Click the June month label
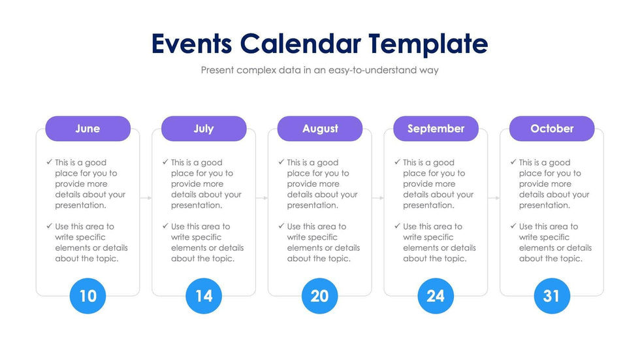[88, 129]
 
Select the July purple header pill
[204, 129]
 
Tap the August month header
[320, 129]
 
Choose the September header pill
[436, 129]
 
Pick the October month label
[552, 129]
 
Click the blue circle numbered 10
[88, 296]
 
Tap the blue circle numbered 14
[204, 296]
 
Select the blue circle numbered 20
[320, 296]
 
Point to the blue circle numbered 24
[436, 296]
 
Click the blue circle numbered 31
[552, 296]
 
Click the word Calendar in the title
[300, 44]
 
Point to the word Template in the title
[428, 44]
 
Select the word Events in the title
[191, 44]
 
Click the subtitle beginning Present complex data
[320, 70]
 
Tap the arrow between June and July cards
[146, 197]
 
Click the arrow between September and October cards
[494, 197]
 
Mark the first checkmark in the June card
[50, 162]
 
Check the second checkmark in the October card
[513, 226]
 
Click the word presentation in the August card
[312, 205]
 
